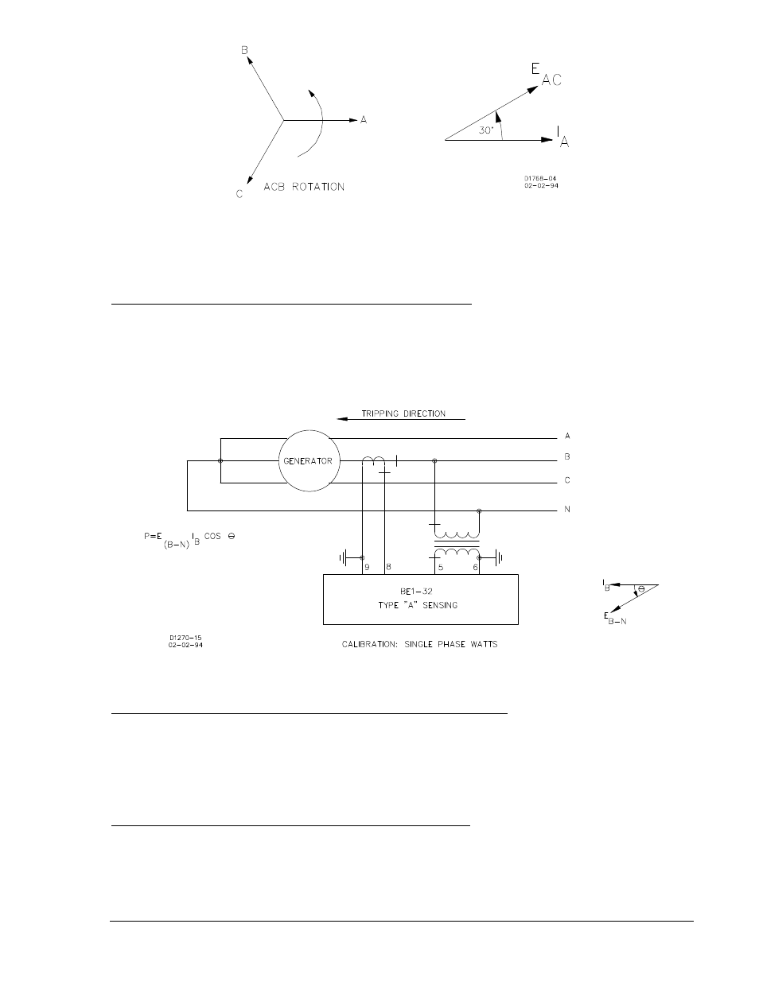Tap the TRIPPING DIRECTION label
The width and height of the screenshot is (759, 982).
coord(403,413)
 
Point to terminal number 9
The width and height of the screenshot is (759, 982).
coord(367,567)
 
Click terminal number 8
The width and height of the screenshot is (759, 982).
coord(388,567)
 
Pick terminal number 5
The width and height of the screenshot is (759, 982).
coord(441,568)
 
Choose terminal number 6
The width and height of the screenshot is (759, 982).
coord(475,567)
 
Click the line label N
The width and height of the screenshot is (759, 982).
coord(567,510)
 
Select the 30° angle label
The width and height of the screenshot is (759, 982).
coord(486,130)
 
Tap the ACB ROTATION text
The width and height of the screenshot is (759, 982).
coord(304,187)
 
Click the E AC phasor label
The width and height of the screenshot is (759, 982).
coord(546,75)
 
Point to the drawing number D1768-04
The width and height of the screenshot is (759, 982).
coord(540,178)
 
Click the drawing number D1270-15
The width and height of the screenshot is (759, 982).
coord(185,638)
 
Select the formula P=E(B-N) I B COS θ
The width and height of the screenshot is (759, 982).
coord(189,540)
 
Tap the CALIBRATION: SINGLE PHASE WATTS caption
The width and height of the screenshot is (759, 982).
coord(419,644)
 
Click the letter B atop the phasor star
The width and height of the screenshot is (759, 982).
coord(244,50)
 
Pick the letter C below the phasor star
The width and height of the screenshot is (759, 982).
coord(239,194)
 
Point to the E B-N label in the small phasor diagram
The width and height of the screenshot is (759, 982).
coord(615,618)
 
